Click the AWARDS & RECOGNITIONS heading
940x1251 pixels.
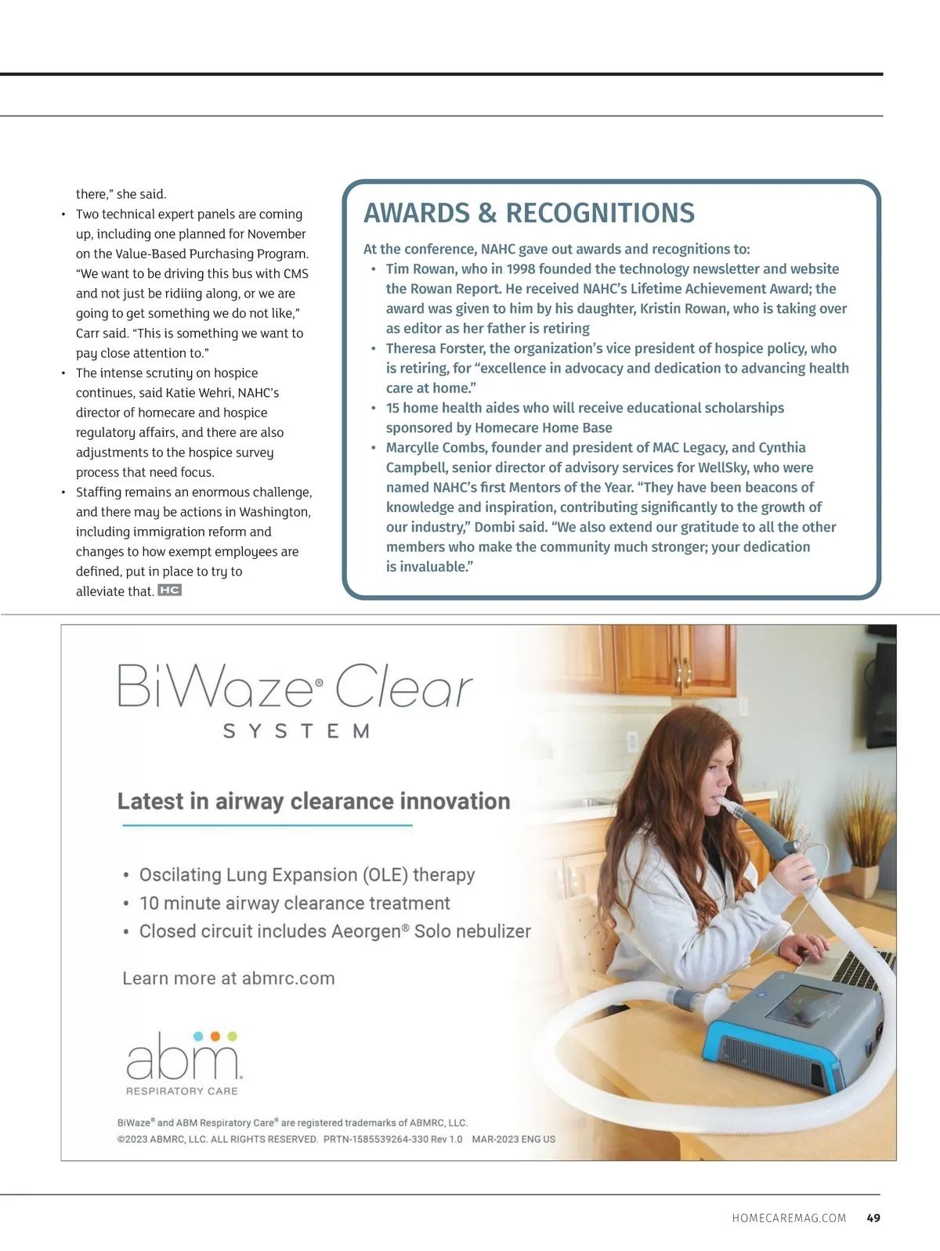[x=529, y=213]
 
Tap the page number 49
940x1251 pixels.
[x=873, y=1217]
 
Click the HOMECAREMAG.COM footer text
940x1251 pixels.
[x=789, y=1218]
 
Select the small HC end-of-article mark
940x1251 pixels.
[x=169, y=590]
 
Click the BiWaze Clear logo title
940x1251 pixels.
[x=295, y=687]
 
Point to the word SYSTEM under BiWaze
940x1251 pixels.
[x=296, y=731]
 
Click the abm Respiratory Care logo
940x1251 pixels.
[x=183, y=1063]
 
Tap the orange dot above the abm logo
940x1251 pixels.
[x=215, y=1036]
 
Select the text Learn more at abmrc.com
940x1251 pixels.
[x=229, y=978]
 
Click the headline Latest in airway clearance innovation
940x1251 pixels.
[x=313, y=801]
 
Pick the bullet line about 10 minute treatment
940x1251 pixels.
[x=295, y=903]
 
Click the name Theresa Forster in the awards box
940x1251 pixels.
[x=434, y=348]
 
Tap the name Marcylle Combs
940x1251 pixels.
[x=428, y=447]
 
